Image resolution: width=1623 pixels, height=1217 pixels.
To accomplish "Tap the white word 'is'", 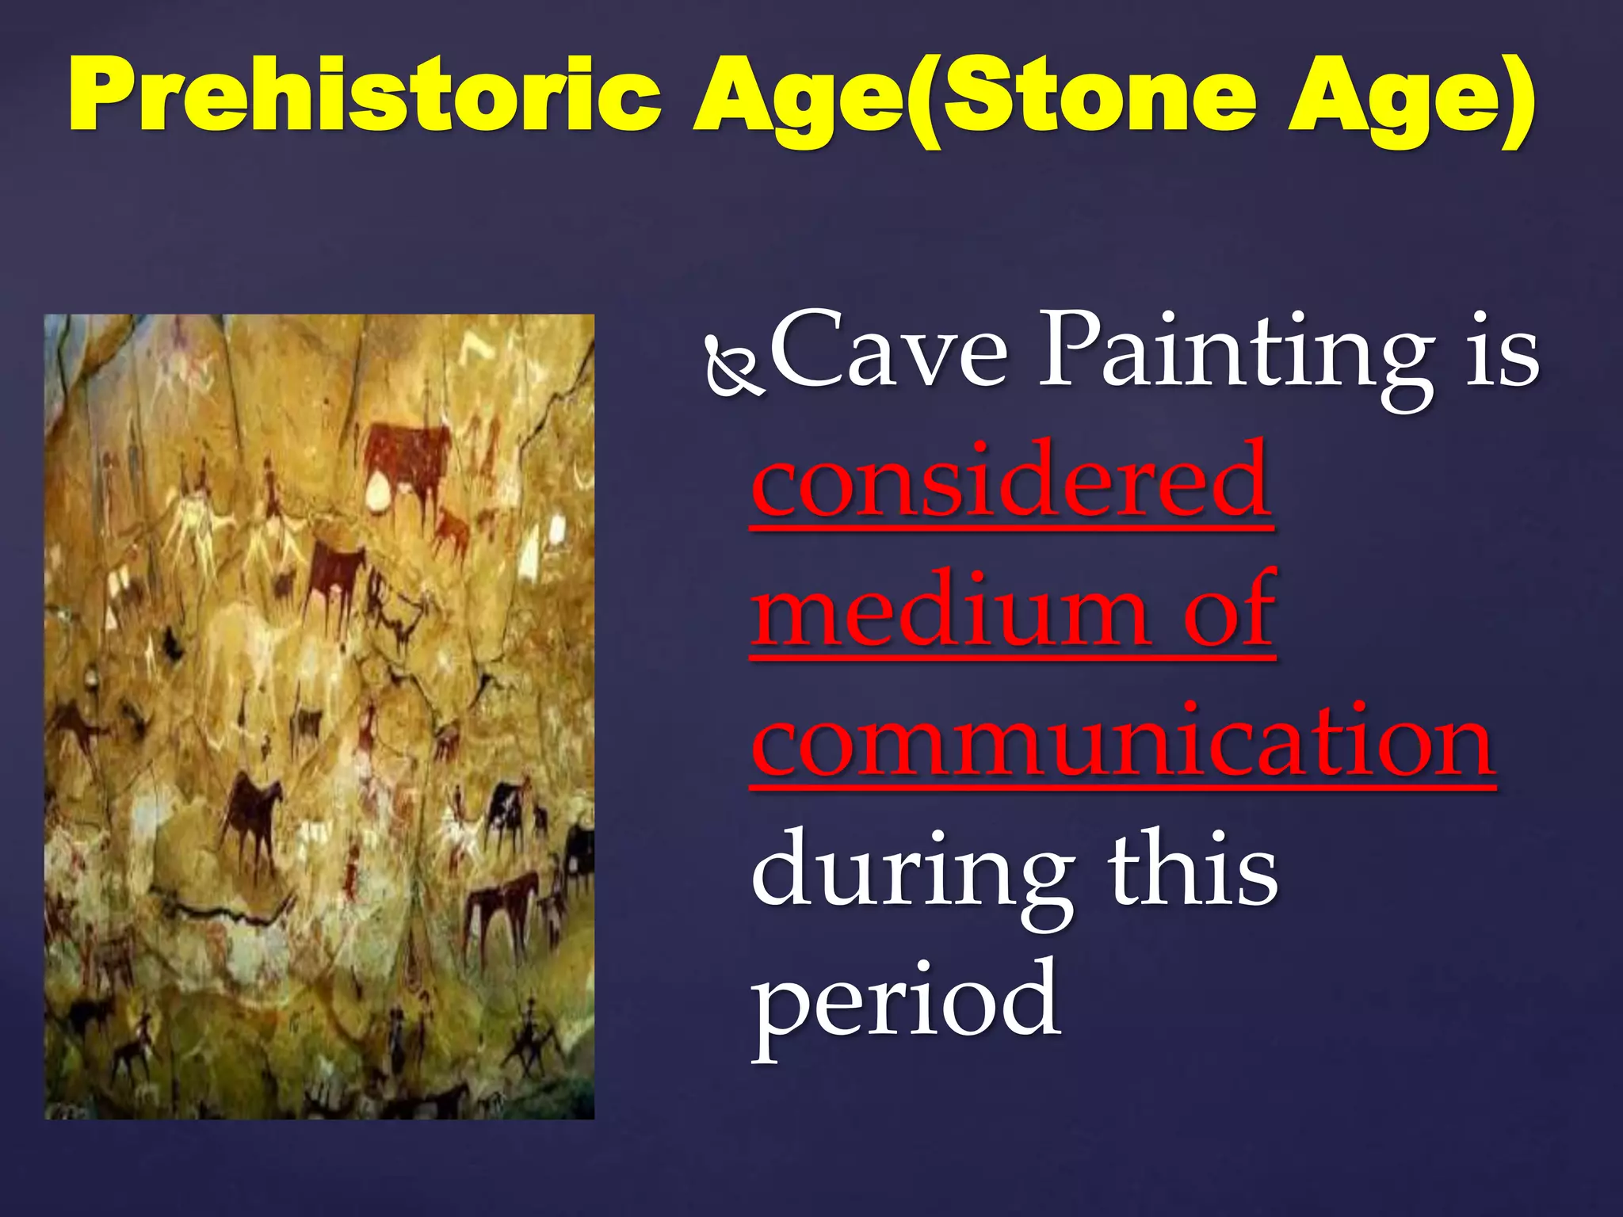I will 1502,353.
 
